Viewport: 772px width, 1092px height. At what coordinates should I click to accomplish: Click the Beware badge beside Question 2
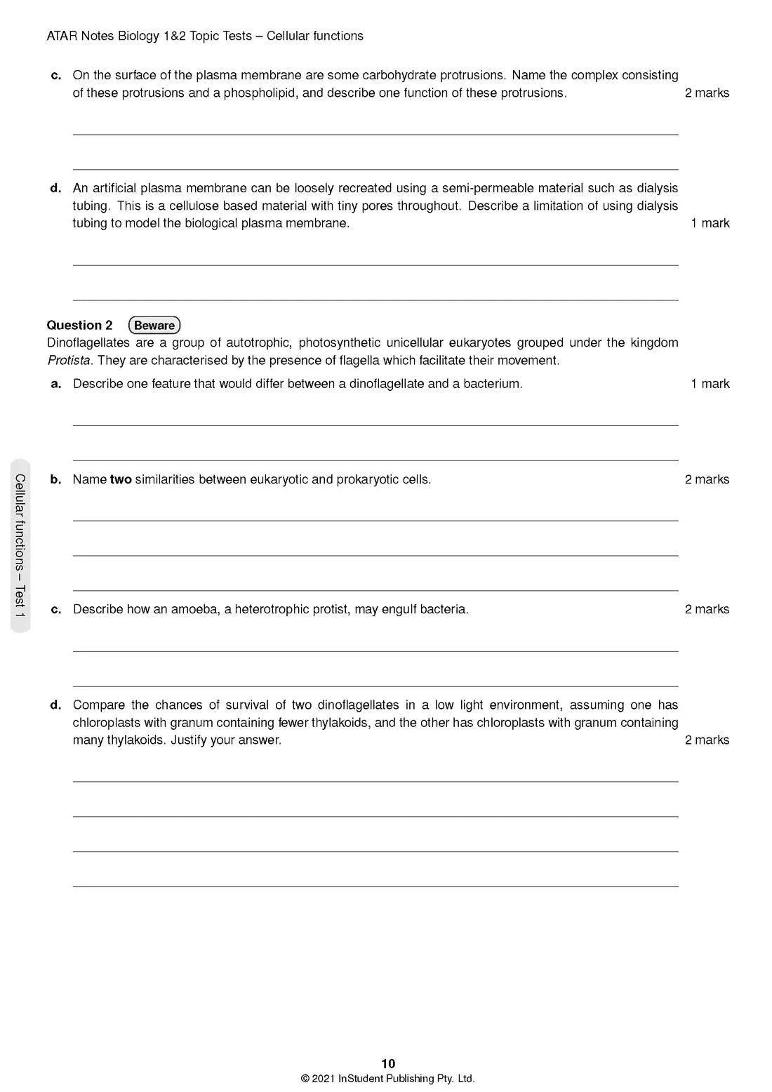pyautogui.click(x=154, y=325)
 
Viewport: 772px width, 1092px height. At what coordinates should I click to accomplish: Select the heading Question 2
pyautogui.click(x=79, y=325)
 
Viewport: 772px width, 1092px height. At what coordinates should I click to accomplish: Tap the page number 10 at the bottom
pyautogui.click(x=388, y=1063)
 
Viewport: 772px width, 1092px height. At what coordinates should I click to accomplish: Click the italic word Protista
pyautogui.click(x=68, y=361)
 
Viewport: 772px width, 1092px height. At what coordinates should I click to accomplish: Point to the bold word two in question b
pyautogui.click(x=121, y=479)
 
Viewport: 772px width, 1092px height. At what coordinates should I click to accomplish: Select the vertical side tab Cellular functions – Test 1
pyautogui.click(x=20, y=545)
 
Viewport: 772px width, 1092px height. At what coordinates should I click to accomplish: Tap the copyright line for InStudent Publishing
pyautogui.click(x=387, y=1079)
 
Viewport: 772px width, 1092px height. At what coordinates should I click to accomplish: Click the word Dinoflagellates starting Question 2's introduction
pyautogui.click(x=88, y=342)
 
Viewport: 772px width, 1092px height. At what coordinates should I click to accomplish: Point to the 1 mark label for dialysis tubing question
pyautogui.click(x=710, y=223)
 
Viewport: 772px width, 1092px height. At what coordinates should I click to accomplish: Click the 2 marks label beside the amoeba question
pyautogui.click(x=707, y=609)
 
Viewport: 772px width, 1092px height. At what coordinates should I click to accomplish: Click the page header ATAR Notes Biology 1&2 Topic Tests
pyautogui.click(x=149, y=36)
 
